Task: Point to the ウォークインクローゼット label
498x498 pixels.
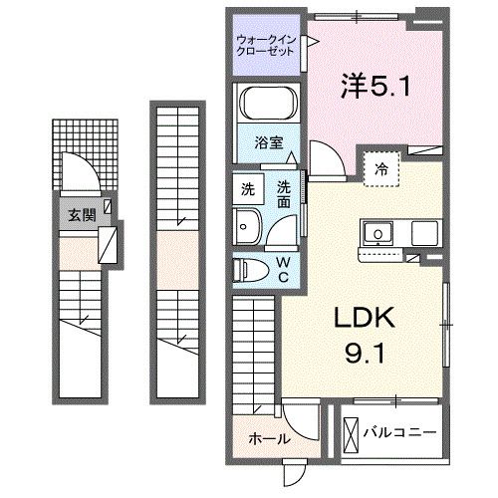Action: click(265, 46)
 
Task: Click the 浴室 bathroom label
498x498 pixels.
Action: click(264, 141)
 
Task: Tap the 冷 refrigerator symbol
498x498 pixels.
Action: click(380, 168)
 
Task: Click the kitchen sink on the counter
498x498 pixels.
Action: click(378, 234)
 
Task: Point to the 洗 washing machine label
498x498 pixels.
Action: click(246, 186)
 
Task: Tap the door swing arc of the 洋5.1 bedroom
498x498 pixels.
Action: click(323, 159)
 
